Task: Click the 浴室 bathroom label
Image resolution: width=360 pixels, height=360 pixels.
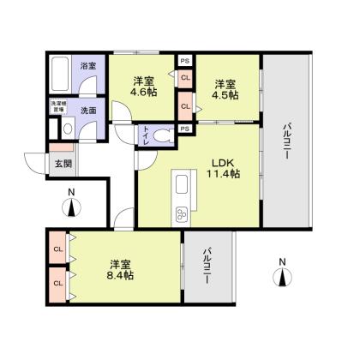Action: [x=87, y=65]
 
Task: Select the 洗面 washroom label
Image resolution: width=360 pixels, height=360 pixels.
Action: [x=87, y=111]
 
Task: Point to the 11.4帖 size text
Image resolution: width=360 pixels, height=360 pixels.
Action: [x=223, y=173]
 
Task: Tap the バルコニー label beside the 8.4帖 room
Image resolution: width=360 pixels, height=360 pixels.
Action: [x=206, y=267]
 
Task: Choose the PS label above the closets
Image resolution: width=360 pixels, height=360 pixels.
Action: [x=184, y=61]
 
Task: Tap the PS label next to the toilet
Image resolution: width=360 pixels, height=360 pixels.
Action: [x=184, y=130]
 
